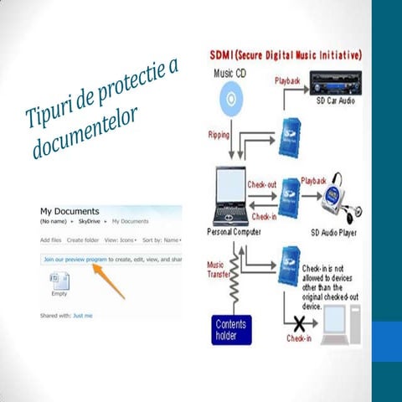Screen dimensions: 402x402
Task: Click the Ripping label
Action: coord(222,133)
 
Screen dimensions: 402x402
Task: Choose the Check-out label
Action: coord(261,183)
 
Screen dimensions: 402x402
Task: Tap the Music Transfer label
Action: coord(219,271)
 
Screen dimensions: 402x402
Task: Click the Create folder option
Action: coord(83,240)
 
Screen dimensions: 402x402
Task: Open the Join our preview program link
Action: coord(75,260)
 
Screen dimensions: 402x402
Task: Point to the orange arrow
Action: coord(108,279)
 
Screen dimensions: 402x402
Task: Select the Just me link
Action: coord(83,316)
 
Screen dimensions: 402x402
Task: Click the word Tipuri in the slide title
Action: coord(51,109)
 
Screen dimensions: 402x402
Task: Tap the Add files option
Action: coord(51,240)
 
